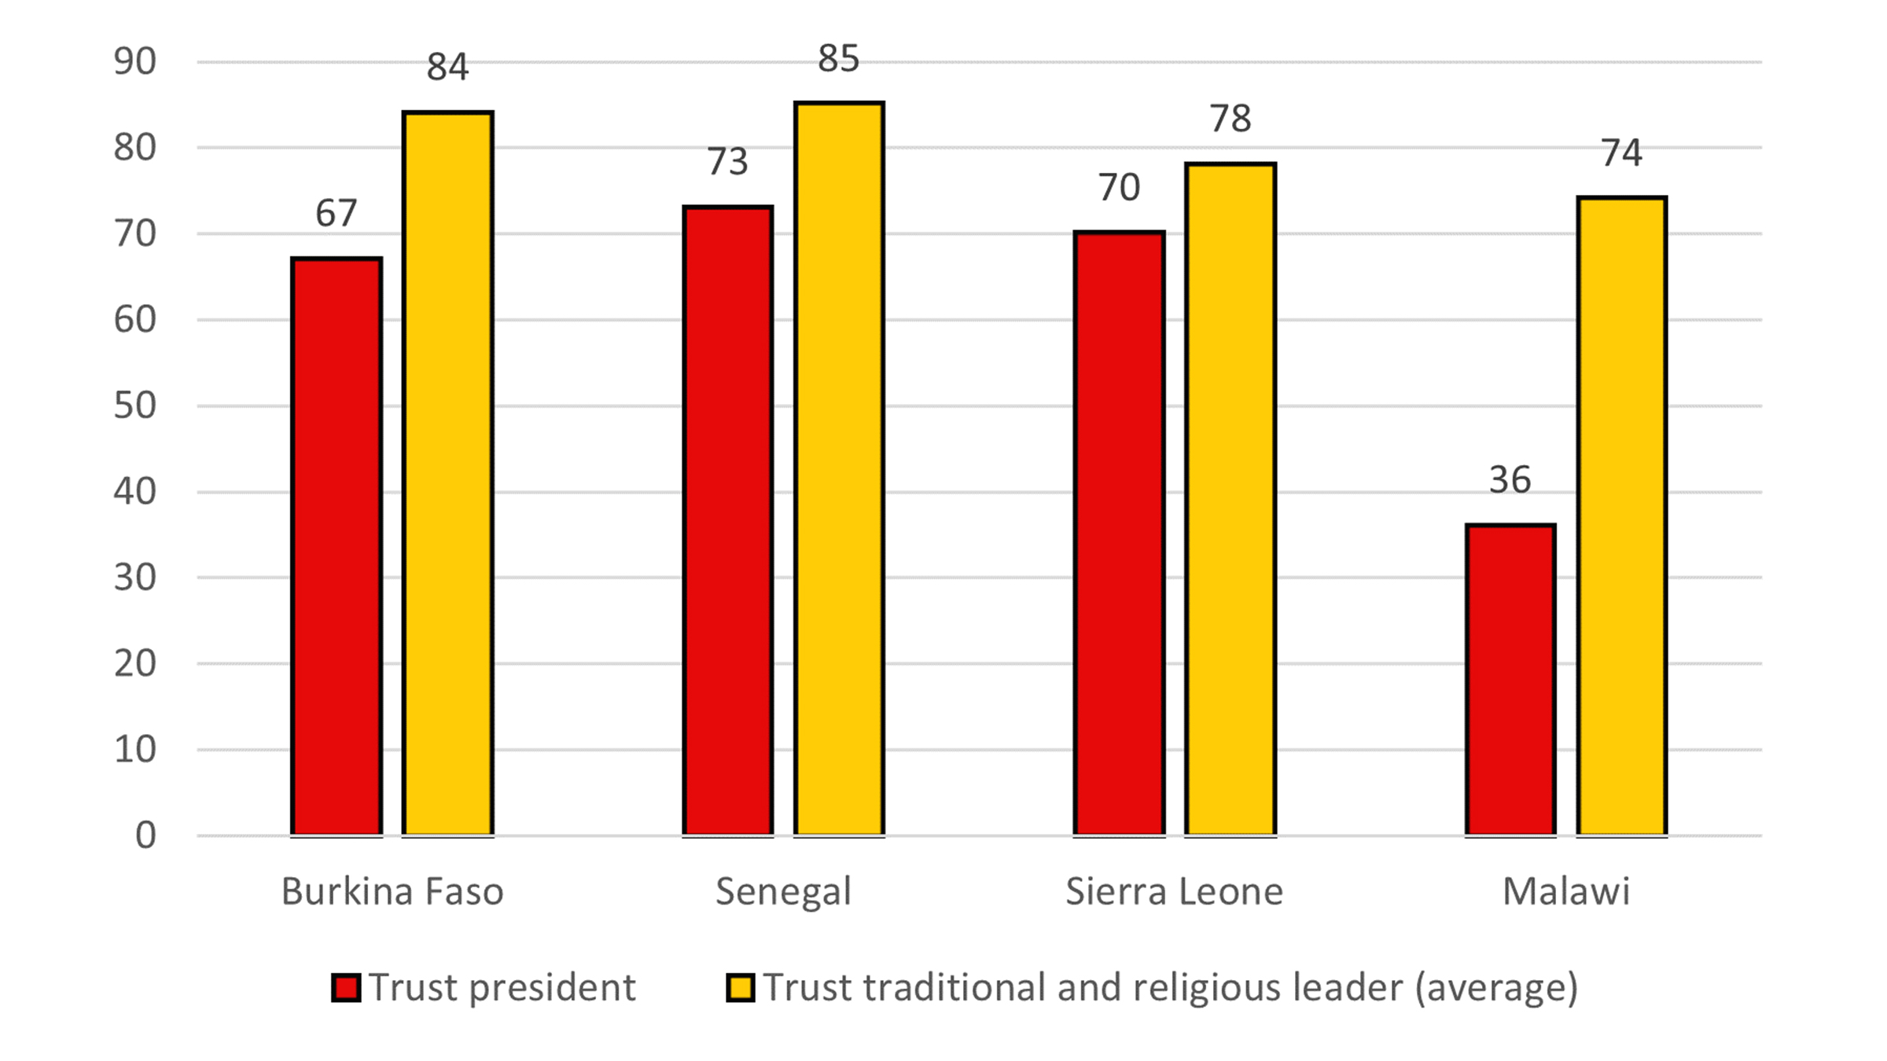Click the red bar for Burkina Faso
click(x=337, y=546)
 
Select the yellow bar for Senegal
click(x=839, y=468)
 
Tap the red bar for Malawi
click(x=1510, y=679)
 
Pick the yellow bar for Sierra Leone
click(x=1230, y=499)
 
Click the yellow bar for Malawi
click(x=1622, y=516)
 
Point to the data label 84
click(x=447, y=67)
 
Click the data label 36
click(x=1510, y=480)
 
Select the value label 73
click(x=727, y=162)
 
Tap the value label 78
click(x=1230, y=119)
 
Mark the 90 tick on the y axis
click(x=135, y=62)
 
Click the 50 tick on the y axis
click(x=135, y=406)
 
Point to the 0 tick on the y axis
click(x=145, y=835)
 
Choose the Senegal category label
click(x=783, y=892)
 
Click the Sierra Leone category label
click(x=1174, y=892)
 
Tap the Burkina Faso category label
click(x=392, y=892)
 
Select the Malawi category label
click(x=1565, y=892)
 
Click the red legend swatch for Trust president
click(x=346, y=988)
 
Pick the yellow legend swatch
click(x=741, y=988)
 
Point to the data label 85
click(x=838, y=58)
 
